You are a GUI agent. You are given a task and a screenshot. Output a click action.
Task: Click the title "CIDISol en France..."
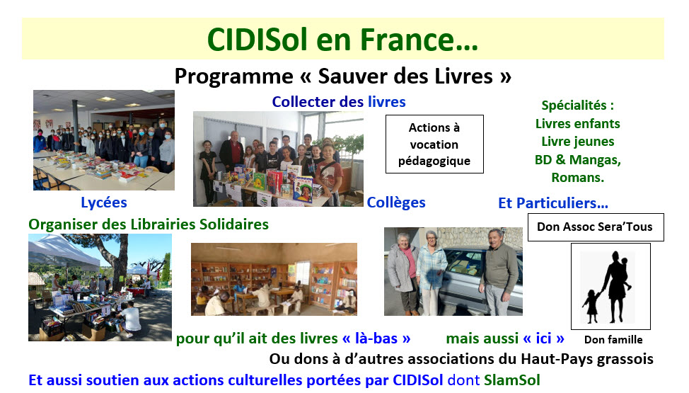pyautogui.click(x=342, y=40)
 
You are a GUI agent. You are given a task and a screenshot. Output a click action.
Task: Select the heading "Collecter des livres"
pyautogui.click(x=338, y=102)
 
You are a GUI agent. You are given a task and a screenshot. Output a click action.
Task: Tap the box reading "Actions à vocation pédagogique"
pyautogui.click(x=434, y=144)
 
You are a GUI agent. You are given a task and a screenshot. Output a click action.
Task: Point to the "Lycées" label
pyautogui.click(x=104, y=203)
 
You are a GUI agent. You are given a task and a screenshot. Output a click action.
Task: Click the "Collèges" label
pyautogui.click(x=396, y=203)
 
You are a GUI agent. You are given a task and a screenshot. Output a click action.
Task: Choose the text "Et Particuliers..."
pyautogui.click(x=552, y=203)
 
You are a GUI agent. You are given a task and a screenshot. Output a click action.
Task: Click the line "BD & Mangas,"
pyautogui.click(x=577, y=160)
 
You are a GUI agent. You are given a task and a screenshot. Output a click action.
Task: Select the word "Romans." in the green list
pyautogui.click(x=577, y=177)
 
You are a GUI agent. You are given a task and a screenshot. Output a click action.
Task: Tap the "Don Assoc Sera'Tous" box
pyautogui.click(x=596, y=227)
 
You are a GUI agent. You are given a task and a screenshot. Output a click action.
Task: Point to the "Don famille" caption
pyautogui.click(x=613, y=340)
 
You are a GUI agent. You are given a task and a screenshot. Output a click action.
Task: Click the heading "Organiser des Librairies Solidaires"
pyautogui.click(x=149, y=224)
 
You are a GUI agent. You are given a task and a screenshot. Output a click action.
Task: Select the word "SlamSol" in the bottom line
pyautogui.click(x=512, y=380)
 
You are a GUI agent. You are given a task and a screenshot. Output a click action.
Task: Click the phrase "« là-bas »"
pyautogui.click(x=376, y=338)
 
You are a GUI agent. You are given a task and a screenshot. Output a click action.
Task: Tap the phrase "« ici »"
pyautogui.click(x=543, y=338)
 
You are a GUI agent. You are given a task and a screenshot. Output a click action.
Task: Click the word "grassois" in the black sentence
pyautogui.click(x=625, y=359)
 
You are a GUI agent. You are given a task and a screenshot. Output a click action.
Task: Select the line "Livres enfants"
pyautogui.click(x=577, y=124)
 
